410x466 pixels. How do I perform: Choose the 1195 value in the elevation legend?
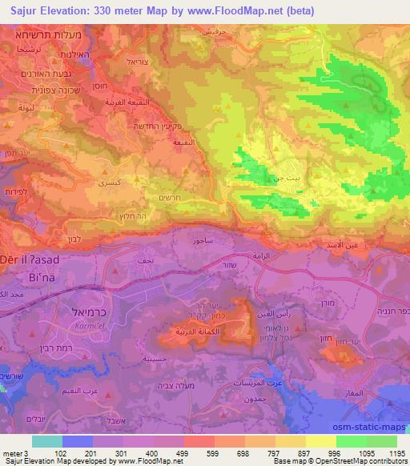(396, 453)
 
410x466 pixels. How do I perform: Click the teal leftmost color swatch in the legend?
(47, 441)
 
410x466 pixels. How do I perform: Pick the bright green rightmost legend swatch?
(381, 441)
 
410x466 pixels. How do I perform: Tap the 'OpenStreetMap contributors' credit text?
(363, 462)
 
